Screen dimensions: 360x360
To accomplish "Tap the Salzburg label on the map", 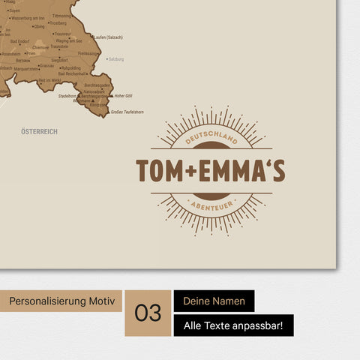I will tap(115, 58).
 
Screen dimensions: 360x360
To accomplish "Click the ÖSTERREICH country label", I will tap(40, 131).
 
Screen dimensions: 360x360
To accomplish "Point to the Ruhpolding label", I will tap(71, 67).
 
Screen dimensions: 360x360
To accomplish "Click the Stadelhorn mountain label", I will tap(67, 96).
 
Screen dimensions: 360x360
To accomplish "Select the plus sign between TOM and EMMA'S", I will tap(190, 172).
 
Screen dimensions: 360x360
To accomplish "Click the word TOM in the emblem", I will tap(160, 172).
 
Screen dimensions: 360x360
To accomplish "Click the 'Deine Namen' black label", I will tap(214, 301).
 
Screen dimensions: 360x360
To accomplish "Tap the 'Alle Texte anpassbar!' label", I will tap(233, 325).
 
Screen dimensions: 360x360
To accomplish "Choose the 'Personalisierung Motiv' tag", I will tap(61, 301).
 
